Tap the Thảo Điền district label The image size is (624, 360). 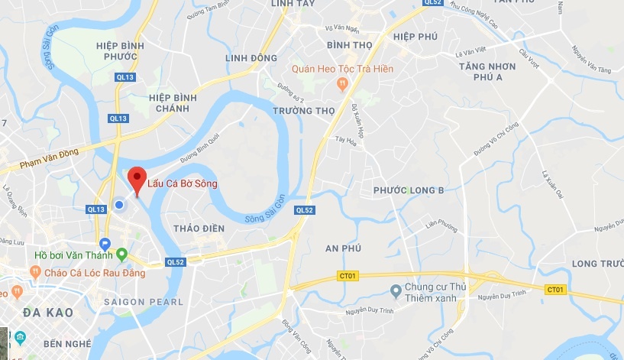coord(199,228)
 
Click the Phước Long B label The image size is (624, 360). coord(409,190)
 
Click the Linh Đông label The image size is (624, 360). coord(252,58)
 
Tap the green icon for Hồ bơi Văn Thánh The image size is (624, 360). coord(121,255)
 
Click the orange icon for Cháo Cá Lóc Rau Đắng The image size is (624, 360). coord(35,271)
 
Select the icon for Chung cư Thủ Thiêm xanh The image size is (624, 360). coord(396,290)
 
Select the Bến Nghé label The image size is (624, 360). coord(67,343)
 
